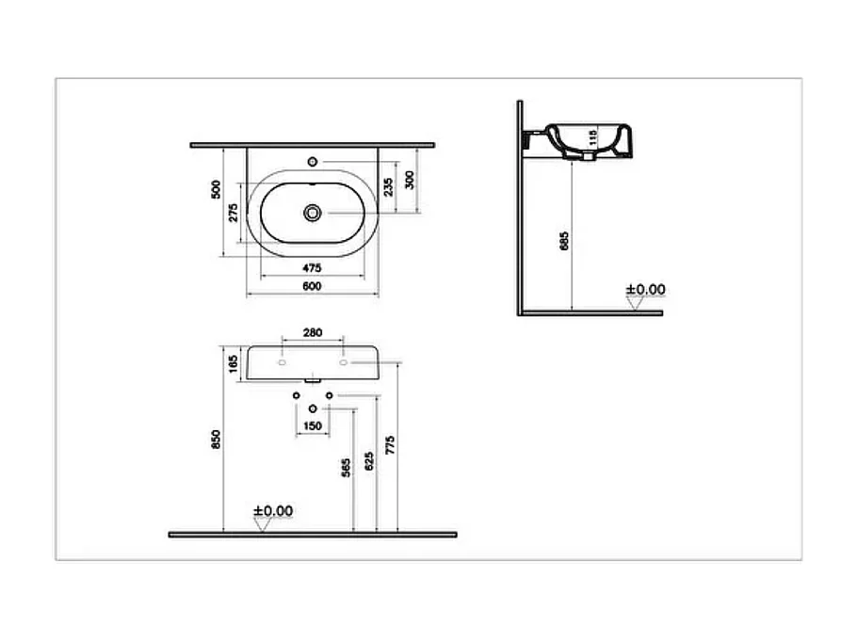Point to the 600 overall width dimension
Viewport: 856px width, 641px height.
click(312, 286)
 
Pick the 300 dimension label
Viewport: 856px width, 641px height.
click(408, 180)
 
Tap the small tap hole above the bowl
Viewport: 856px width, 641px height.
click(312, 160)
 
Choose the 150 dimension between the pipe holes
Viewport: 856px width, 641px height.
click(312, 426)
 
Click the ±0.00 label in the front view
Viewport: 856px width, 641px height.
click(273, 510)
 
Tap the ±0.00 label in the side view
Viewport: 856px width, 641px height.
click(646, 289)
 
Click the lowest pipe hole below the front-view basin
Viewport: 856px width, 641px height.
click(312, 409)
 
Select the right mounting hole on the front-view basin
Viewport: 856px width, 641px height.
click(344, 361)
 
